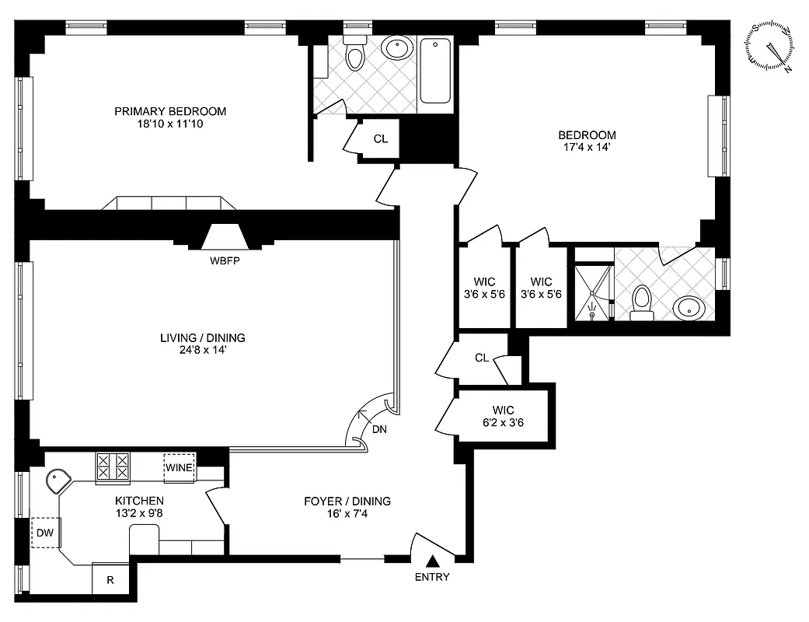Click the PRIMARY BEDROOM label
(x=170, y=111)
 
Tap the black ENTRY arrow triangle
(x=433, y=561)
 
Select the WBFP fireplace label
(x=225, y=260)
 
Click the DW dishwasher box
(x=44, y=533)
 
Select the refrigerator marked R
(x=110, y=578)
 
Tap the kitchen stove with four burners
(x=113, y=468)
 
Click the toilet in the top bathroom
(x=355, y=54)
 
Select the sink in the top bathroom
(x=397, y=50)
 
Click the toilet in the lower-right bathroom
(x=642, y=302)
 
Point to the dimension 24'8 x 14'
(x=202, y=351)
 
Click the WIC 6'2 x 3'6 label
(x=503, y=417)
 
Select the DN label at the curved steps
(x=379, y=428)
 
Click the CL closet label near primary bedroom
(x=380, y=139)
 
